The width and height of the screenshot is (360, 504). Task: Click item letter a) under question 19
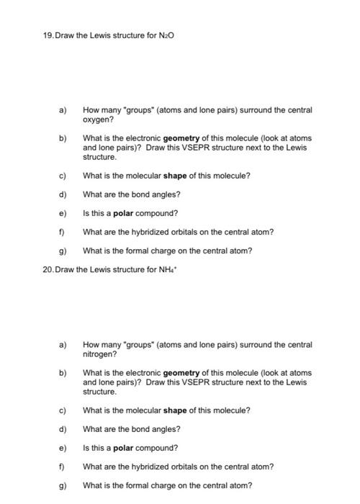click(x=62, y=110)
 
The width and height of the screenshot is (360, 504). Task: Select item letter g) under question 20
click(x=62, y=485)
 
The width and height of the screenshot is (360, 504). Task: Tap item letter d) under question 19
click(x=62, y=194)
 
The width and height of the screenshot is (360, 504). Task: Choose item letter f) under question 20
click(x=62, y=467)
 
